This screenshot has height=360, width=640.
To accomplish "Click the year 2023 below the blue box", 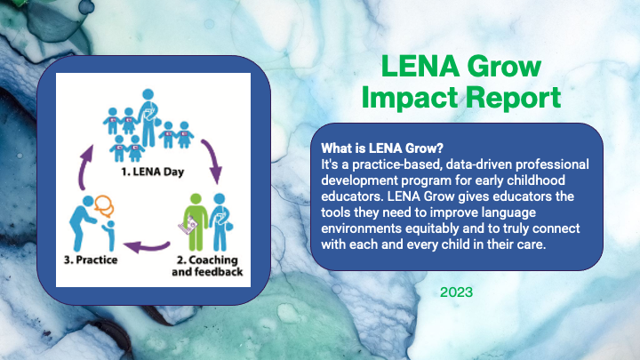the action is point(456,292).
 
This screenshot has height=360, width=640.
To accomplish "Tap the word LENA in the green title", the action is point(420,66).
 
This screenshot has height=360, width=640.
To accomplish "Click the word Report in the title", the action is point(514,98).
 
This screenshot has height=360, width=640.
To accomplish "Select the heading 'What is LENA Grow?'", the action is point(382,148).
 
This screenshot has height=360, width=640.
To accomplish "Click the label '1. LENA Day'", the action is point(153,172).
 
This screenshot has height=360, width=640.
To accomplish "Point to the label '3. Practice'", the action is point(91,260).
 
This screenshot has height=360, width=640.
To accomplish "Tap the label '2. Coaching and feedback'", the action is point(207,266).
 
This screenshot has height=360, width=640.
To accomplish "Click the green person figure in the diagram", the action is point(196,222).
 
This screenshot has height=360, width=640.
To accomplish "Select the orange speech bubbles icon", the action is point(104,206).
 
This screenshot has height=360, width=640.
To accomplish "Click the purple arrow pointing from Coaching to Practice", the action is point(146,246).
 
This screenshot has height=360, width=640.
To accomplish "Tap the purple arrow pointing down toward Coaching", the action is point(212,160).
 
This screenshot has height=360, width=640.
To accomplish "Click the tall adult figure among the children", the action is point(148,117).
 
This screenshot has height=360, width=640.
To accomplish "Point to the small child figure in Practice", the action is point(109,236).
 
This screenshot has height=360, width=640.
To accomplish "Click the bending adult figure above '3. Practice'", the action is point(84,223).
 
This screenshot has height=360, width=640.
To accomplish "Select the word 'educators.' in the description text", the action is point(352,196).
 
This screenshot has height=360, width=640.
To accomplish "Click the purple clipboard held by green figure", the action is point(188,225).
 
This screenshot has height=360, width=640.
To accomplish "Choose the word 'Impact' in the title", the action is point(412,98).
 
